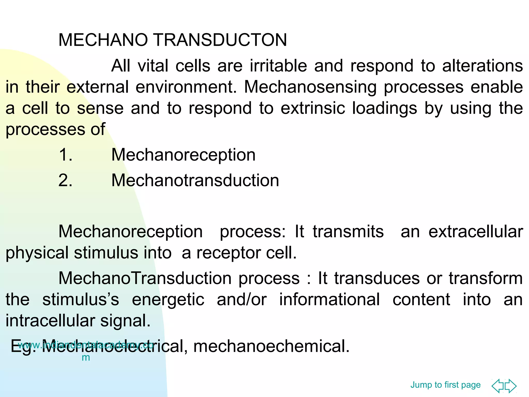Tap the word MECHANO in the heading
click(x=103, y=40)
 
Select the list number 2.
click(x=65, y=180)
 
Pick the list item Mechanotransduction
click(x=195, y=180)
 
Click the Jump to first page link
click(x=445, y=385)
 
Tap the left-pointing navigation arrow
click(x=498, y=386)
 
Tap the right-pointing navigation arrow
click(x=511, y=386)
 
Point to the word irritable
click(x=278, y=66)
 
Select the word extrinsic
click(x=313, y=108)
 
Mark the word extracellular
click(x=476, y=232)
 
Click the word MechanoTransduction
click(x=145, y=279)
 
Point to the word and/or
click(x=242, y=300)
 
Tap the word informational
click(x=329, y=300)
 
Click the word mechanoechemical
click(x=271, y=346)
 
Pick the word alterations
click(x=482, y=66)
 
